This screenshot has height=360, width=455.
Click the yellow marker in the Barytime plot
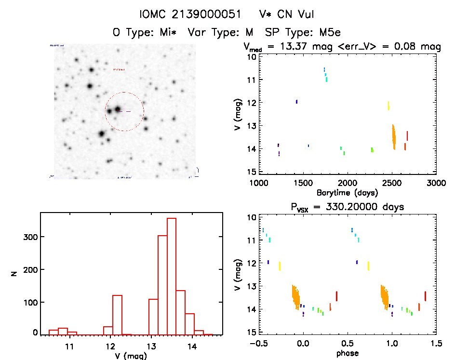point(388,106)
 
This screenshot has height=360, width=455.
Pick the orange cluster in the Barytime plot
point(393,137)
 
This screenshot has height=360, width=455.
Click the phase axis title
point(348,353)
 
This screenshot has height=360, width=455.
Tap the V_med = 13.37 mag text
point(284,47)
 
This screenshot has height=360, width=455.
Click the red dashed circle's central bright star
point(117,109)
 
